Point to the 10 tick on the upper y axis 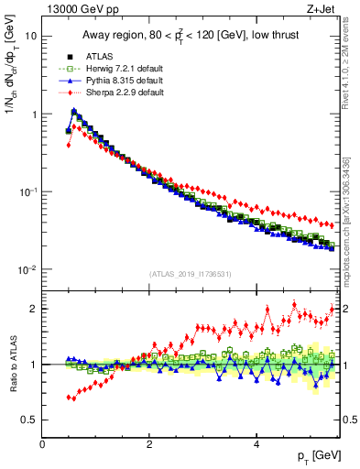tap(31, 37)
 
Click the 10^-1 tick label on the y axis tap(27, 192)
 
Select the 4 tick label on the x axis tap(256, 444)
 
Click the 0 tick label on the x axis tap(42, 444)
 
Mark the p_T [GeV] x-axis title tap(312, 456)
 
